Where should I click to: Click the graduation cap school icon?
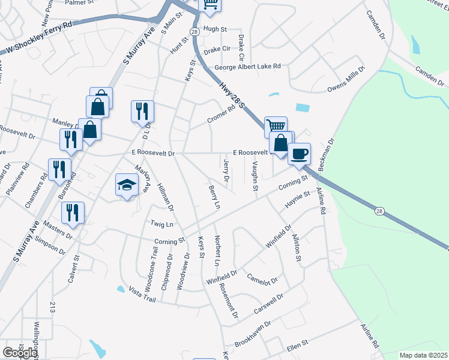click(127, 186)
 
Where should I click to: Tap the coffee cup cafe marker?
click(299, 154)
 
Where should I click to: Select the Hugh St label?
click(215, 29)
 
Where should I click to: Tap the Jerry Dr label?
click(226, 170)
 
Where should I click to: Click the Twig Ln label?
click(161, 224)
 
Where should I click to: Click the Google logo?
click(20, 352)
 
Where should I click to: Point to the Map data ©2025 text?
click(423, 355)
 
